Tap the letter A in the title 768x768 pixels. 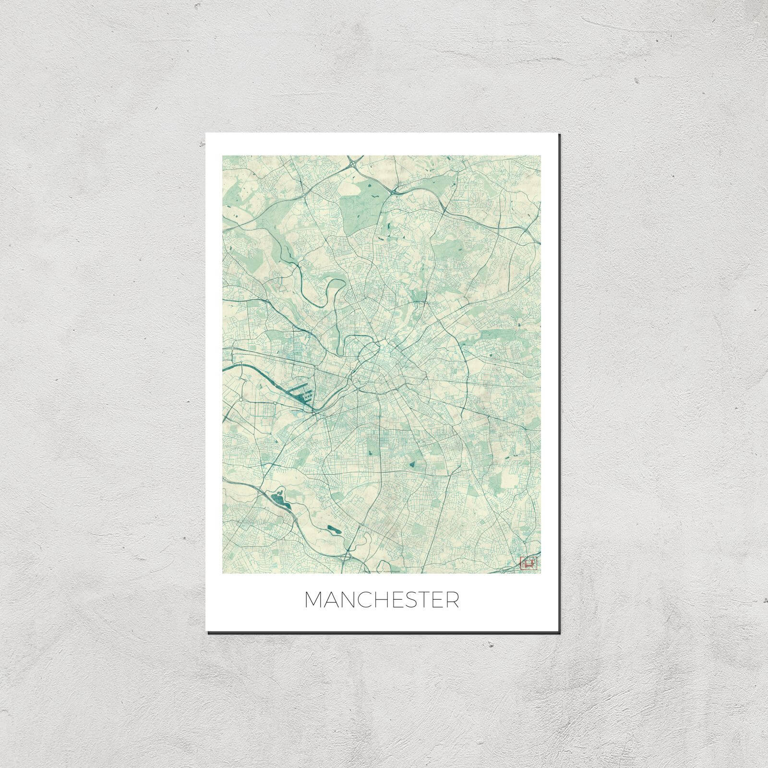point(330,600)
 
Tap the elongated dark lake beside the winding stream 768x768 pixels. point(332,529)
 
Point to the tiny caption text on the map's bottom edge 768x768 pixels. point(384,571)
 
